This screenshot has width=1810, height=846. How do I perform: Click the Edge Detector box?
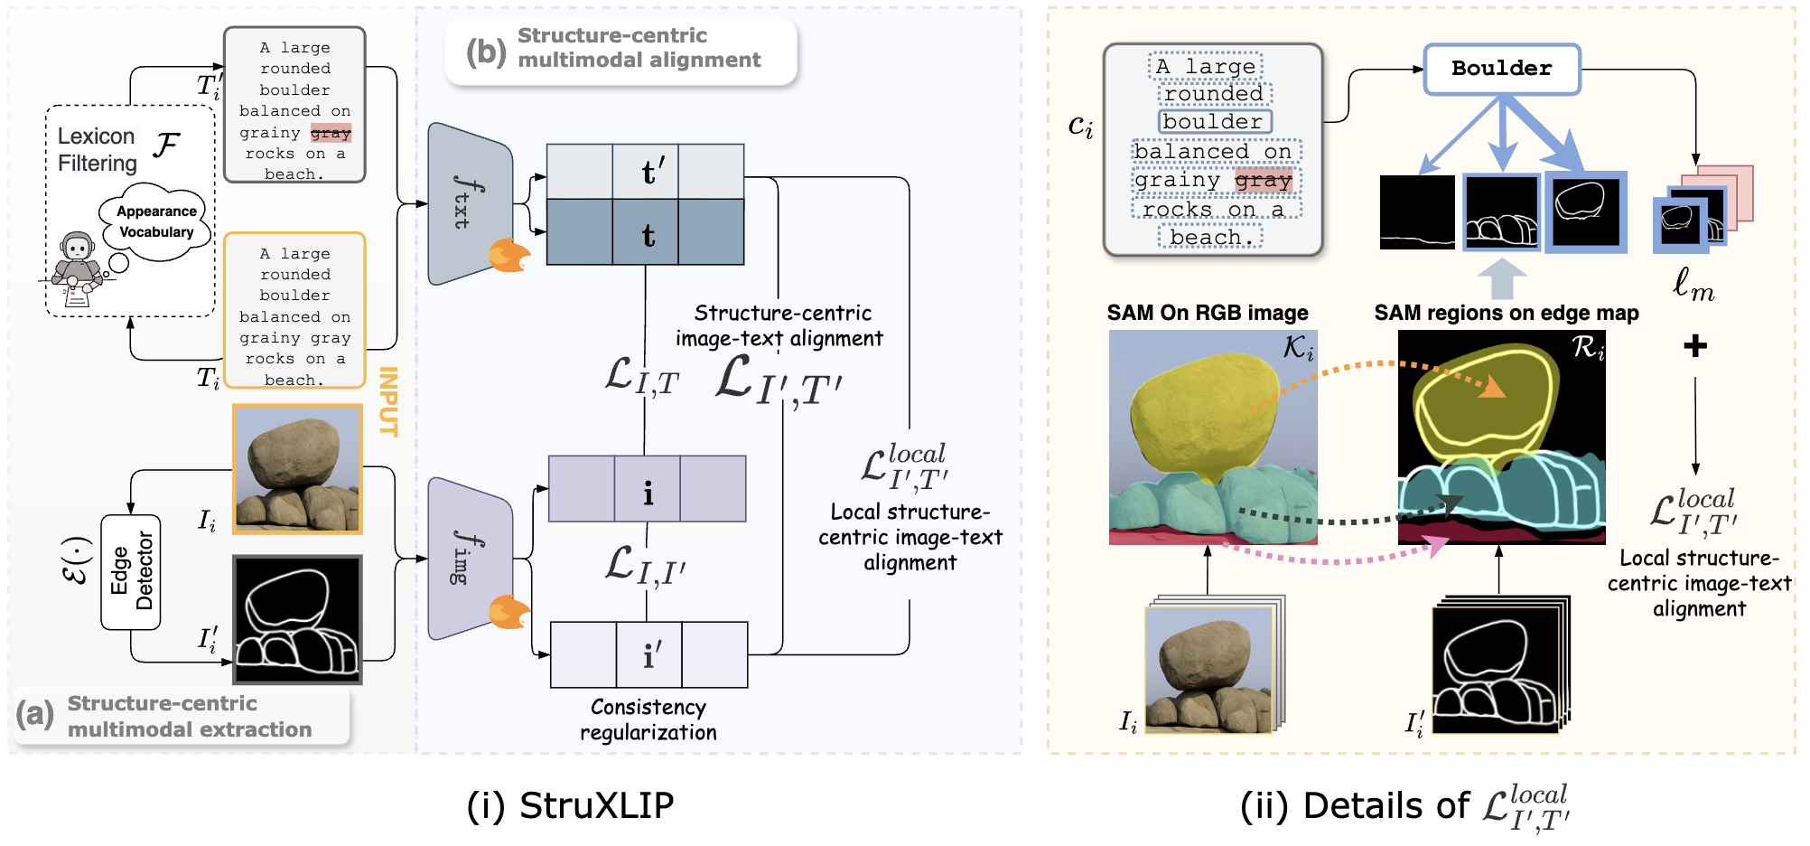coord(131,571)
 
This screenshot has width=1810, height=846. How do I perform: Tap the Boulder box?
coord(1501,69)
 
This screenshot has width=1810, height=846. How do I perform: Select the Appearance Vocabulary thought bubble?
coord(156,221)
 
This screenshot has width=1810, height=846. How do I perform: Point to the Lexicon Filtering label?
coord(98,149)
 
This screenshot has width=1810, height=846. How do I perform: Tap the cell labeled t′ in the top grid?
coord(646,172)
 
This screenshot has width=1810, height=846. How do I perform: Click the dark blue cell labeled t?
coord(646,233)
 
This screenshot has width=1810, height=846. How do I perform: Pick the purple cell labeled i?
coord(648,489)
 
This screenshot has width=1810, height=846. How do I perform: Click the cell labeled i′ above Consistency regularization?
coord(649,654)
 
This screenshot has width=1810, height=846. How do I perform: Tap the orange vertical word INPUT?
coord(388,401)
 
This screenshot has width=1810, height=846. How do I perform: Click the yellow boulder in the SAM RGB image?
coord(1201,407)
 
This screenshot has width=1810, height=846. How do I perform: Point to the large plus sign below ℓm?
coord(1695,345)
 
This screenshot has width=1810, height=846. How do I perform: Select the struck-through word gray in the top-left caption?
coord(331,133)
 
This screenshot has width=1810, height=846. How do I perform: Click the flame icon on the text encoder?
coord(509,256)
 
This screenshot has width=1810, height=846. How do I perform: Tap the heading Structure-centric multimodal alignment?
coord(638,48)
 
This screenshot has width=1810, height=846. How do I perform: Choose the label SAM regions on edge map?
coord(1506,313)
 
